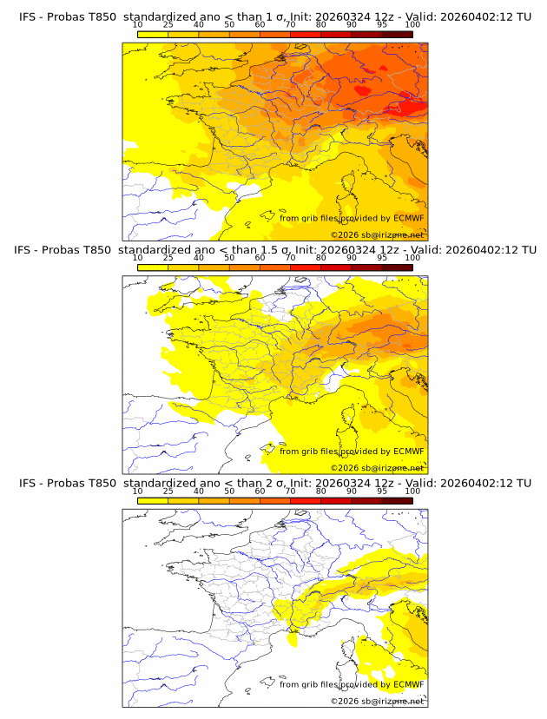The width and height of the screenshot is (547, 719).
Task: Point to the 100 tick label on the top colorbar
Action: (x=412, y=25)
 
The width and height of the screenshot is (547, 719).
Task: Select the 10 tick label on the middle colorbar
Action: (x=137, y=258)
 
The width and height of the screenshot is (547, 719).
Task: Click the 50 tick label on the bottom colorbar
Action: (x=229, y=491)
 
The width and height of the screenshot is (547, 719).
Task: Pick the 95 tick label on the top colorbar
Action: (x=382, y=25)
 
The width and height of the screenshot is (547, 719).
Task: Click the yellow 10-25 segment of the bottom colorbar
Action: (x=152, y=500)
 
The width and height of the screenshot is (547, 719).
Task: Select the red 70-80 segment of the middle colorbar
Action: (x=306, y=267)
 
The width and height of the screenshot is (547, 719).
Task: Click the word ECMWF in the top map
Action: (x=408, y=218)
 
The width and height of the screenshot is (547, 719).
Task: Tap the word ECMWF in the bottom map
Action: (x=408, y=684)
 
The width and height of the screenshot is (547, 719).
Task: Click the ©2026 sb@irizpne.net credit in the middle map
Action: (x=378, y=468)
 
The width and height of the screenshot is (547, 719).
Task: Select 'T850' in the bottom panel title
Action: (x=100, y=483)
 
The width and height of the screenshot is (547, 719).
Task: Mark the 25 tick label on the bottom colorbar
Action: (x=168, y=491)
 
